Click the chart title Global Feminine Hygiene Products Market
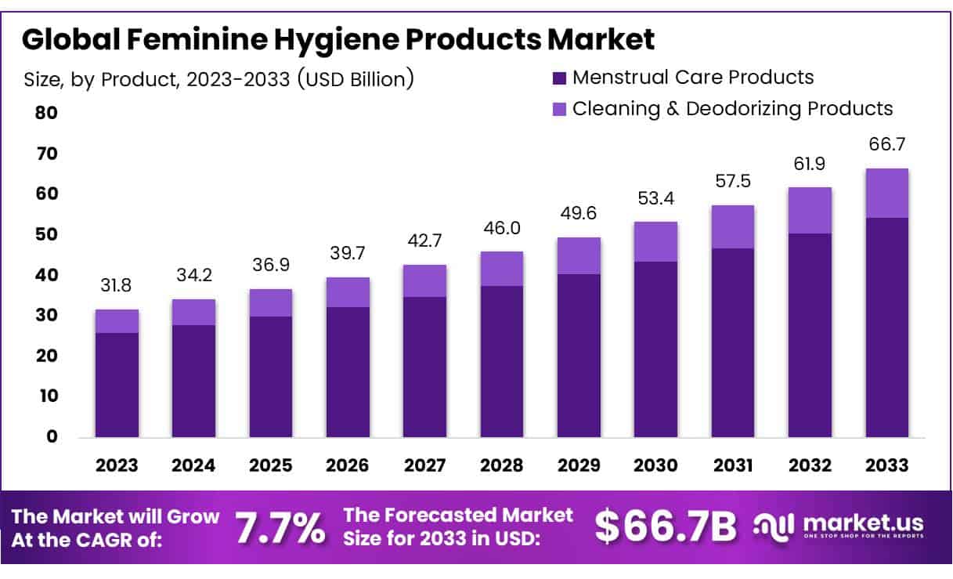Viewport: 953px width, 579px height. click(338, 39)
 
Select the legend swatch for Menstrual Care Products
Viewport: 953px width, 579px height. click(559, 78)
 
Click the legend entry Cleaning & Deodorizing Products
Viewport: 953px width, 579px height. click(731, 108)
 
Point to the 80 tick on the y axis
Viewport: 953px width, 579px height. click(46, 113)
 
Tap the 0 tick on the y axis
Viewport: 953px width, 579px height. click(51, 436)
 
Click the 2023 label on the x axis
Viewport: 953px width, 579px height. click(117, 465)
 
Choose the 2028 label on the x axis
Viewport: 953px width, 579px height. click(502, 465)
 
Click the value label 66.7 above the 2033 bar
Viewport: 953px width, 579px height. click(886, 145)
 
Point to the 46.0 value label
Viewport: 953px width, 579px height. click(502, 229)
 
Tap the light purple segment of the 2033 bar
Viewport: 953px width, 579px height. click(886, 193)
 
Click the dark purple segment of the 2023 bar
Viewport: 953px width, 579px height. click(117, 384)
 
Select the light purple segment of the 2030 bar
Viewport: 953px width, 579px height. click(655, 241)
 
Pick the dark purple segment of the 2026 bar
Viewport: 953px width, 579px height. click(348, 371)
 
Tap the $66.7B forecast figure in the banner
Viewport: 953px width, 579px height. click(665, 527)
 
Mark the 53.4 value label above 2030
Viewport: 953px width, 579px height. click(655, 198)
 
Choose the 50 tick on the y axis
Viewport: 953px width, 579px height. click(46, 234)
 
